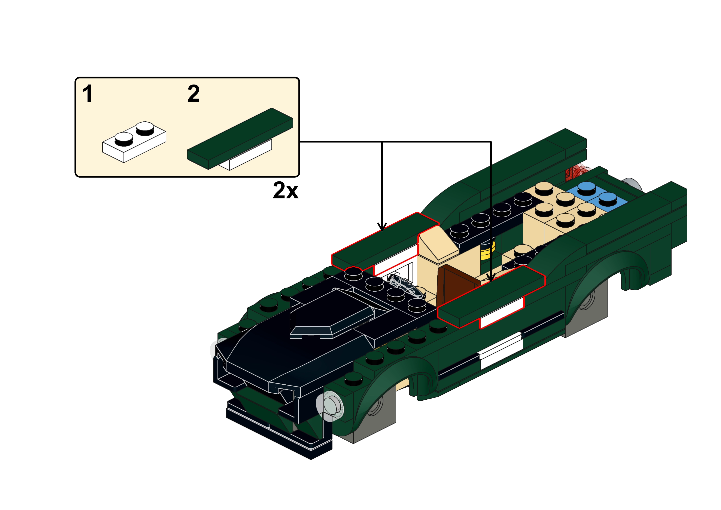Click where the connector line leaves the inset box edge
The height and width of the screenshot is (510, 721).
pos(300,142)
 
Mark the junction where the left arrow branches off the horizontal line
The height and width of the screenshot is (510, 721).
pos(382,142)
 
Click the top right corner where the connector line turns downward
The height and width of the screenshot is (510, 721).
pos(491,142)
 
